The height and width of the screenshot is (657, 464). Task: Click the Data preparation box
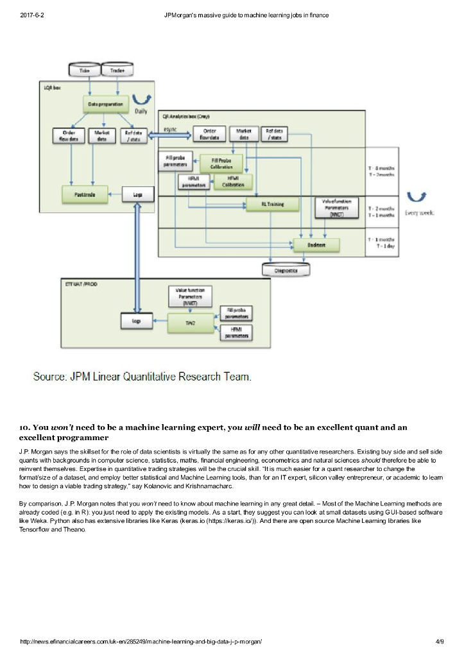[x=106, y=103]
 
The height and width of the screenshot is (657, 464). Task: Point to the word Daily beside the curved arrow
[x=141, y=111]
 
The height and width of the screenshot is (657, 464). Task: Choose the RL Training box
[x=273, y=205]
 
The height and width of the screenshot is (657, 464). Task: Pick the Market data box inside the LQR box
[x=101, y=136]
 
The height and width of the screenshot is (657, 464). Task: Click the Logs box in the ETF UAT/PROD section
[x=136, y=320]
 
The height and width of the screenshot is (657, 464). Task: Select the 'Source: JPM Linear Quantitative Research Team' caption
[x=142, y=377]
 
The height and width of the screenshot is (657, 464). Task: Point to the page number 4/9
[x=440, y=641]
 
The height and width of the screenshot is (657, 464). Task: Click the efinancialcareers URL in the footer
[x=141, y=641]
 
